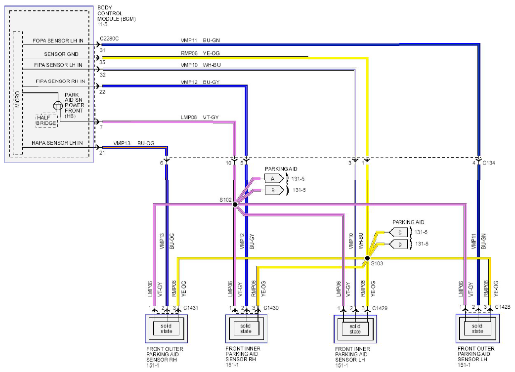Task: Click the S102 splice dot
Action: click(235, 204)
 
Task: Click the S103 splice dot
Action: click(368, 258)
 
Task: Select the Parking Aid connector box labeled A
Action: click(274, 179)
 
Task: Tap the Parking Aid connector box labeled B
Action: click(274, 190)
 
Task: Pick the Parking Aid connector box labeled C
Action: click(398, 233)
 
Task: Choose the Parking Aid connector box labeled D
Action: click(398, 244)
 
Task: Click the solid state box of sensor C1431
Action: click(166, 329)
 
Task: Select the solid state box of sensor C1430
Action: click(246, 329)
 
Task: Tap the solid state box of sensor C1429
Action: click(355, 329)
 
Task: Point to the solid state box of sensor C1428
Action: click(477, 329)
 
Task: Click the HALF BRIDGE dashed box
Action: click(46, 121)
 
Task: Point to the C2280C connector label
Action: click(109, 39)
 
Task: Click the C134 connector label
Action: click(489, 163)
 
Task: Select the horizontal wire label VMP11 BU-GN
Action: click(200, 41)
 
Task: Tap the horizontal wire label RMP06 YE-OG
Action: click(200, 53)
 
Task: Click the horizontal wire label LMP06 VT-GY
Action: click(200, 117)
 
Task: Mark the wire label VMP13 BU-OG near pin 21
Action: click(134, 143)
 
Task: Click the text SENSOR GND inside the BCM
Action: click(61, 54)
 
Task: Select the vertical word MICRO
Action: click(17, 99)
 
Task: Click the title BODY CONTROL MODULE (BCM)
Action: click(117, 13)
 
